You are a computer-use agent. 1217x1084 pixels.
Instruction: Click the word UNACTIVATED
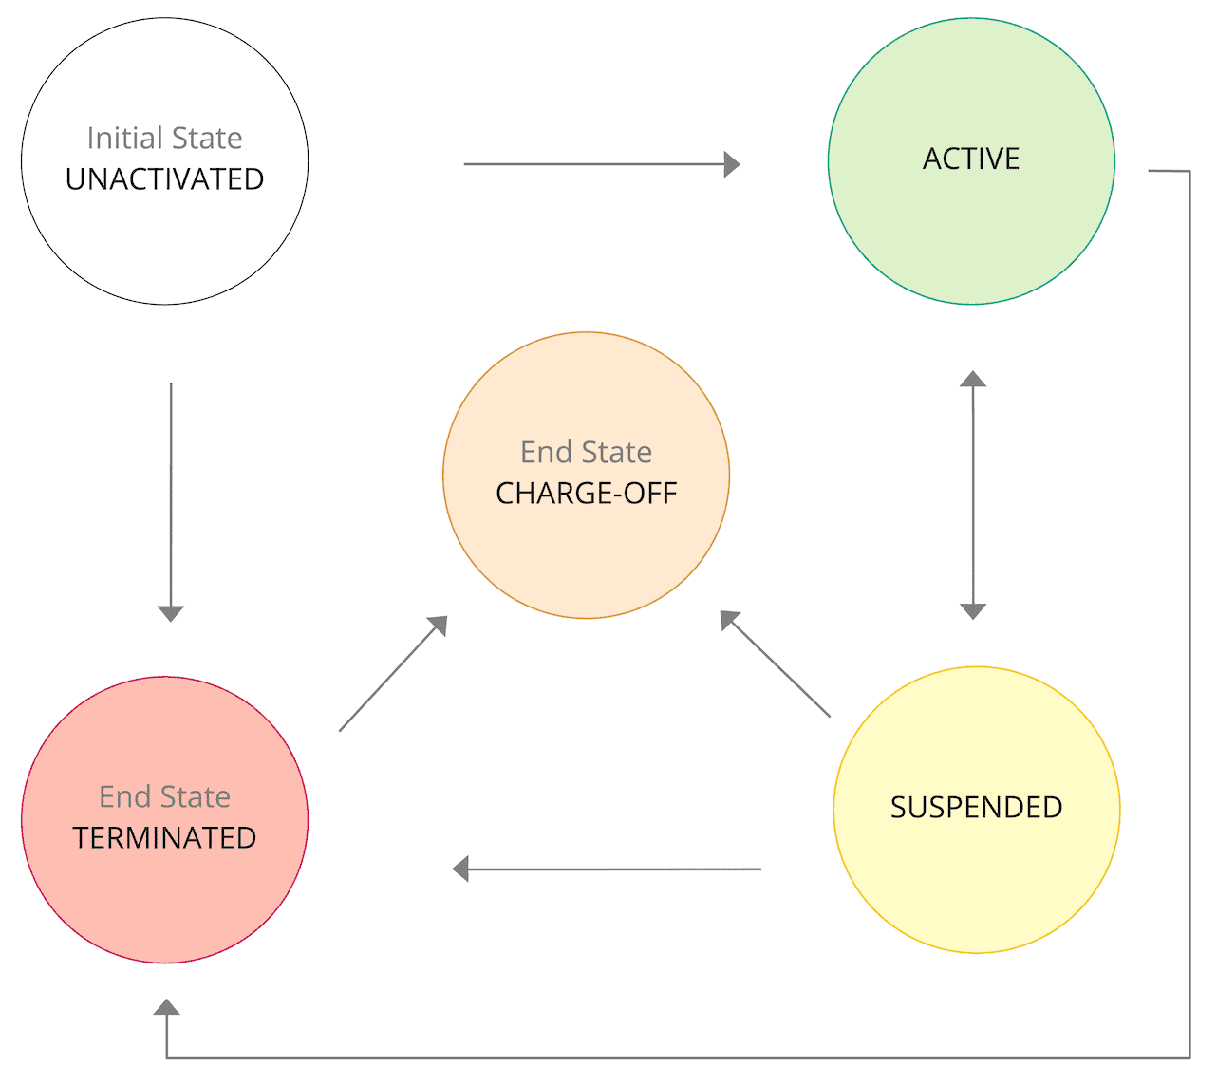pos(164,179)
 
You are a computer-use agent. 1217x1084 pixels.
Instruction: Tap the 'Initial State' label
pos(164,139)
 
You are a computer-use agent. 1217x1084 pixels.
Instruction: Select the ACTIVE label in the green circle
pos(971,159)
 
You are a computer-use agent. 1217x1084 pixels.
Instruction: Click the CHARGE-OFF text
pos(586,494)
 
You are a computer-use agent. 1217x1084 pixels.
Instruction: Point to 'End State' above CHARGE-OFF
pos(586,453)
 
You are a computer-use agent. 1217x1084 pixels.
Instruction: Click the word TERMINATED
pos(164,838)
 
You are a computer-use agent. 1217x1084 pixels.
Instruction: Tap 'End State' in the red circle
pos(164,796)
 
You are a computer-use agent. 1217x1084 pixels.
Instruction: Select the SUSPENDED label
pos(976,808)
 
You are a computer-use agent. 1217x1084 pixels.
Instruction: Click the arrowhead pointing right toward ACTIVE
pos(732,164)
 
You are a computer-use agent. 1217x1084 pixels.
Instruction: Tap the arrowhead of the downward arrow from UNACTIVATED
pos(171,613)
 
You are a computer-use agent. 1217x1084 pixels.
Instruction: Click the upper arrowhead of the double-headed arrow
pos(972,379)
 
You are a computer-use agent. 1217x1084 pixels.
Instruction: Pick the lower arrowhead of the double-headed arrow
pos(973,611)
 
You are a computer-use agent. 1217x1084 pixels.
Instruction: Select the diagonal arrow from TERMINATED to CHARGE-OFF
pos(391,675)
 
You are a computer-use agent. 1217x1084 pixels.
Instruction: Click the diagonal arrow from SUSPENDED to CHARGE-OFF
pos(777,664)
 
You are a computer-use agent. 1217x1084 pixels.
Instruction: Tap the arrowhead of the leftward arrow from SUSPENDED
pos(461,869)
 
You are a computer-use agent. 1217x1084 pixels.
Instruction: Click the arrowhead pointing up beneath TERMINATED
pos(167,1007)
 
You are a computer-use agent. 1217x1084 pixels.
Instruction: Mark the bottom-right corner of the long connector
pos(1189,1057)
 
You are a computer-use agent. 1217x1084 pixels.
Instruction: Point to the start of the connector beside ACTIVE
pos(1151,171)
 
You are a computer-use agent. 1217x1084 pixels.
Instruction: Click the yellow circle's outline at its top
pos(976,667)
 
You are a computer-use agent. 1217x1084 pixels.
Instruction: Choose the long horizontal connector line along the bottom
pos(665,1057)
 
